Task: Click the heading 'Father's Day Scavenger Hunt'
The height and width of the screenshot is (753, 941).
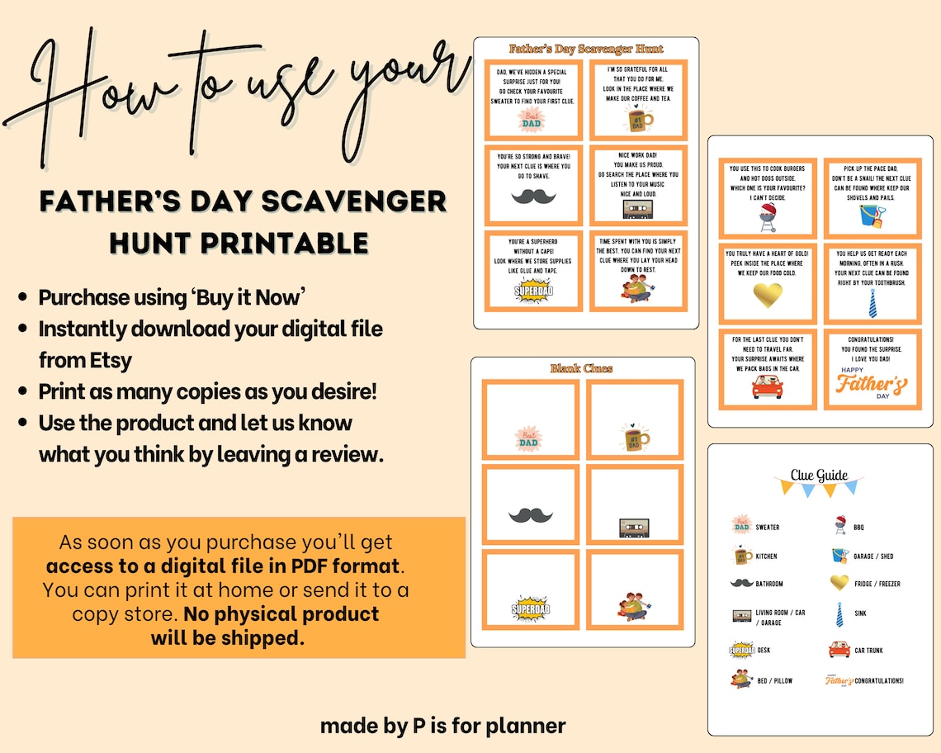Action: coord(586,49)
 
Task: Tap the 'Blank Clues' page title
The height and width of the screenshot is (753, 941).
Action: coord(582,368)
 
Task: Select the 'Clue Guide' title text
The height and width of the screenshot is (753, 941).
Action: coord(819,475)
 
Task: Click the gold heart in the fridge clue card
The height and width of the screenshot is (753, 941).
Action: coord(767,294)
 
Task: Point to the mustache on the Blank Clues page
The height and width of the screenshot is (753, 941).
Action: coord(530,515)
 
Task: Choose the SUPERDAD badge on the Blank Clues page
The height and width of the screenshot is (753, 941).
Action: coord(530,609)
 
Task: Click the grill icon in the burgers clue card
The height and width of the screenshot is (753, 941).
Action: coord(767,217)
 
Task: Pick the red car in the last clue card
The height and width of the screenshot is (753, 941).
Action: coord(767,387)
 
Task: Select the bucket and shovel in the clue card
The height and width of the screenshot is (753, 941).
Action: coord(872,217)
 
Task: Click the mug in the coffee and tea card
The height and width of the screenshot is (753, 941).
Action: coord(636,121)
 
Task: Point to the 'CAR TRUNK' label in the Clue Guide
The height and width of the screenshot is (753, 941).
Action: coord(868,651)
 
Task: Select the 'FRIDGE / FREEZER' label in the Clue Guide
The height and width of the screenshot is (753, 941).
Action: coord(877,584)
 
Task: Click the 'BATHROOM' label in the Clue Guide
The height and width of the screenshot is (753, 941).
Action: coord(769,584)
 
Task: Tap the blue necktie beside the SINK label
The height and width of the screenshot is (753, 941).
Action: coord(839,613)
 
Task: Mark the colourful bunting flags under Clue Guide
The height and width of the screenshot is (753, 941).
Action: coord(819,487)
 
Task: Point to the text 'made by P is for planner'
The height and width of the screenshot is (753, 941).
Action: coord(442,726)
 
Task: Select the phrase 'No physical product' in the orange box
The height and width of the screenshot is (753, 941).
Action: coord(281,614)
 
